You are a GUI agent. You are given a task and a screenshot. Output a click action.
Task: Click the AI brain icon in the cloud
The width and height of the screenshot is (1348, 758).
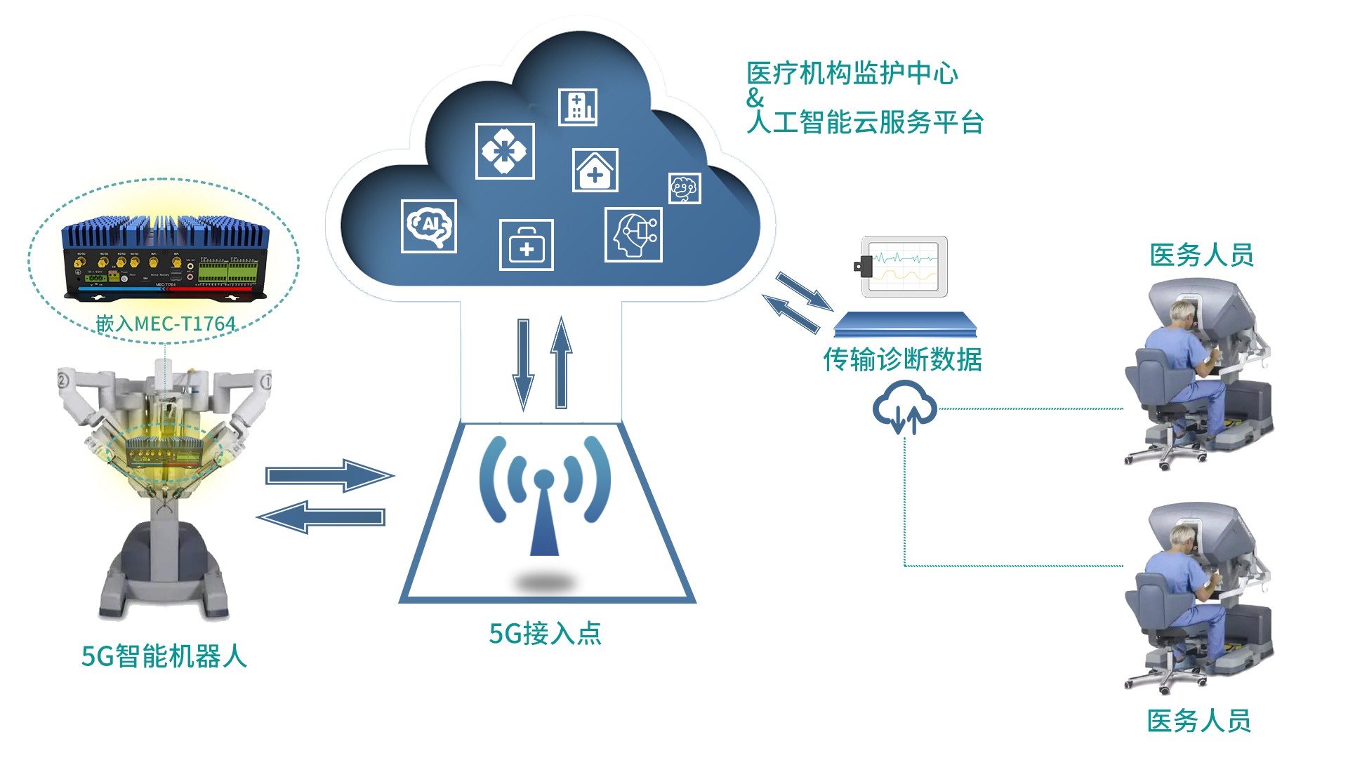428,226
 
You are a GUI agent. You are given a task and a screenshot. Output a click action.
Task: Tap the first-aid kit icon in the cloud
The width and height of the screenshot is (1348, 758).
526,245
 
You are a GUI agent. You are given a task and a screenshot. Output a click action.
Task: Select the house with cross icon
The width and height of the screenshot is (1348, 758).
595,171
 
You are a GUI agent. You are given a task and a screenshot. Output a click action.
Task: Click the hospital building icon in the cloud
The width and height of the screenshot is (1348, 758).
578,107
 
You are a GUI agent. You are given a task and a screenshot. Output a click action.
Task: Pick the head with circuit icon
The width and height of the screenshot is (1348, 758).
633,234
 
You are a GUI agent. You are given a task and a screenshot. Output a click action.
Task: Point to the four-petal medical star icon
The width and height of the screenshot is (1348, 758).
504,151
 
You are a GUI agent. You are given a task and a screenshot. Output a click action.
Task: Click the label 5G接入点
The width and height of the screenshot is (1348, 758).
545,634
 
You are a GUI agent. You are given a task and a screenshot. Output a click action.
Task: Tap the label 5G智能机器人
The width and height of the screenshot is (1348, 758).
164,657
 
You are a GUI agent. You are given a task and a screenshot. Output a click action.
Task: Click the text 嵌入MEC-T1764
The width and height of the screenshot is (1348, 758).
166,324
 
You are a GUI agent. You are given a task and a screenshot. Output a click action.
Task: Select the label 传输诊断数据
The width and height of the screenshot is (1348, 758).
902,359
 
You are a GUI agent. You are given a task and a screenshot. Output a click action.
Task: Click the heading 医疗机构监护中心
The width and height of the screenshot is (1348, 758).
852,74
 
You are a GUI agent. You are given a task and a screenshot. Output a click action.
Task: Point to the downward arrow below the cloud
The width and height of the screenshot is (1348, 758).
523,364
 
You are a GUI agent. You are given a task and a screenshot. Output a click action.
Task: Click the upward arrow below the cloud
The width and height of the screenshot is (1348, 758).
561,364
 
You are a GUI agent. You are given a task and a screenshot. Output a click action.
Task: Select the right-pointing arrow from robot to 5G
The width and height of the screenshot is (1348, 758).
329,476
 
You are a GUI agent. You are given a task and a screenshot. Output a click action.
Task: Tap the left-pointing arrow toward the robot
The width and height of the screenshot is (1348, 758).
322,517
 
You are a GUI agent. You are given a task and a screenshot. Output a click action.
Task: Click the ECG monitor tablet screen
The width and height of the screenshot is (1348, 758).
904,266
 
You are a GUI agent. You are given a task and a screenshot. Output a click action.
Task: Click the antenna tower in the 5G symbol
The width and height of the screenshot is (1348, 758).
544,516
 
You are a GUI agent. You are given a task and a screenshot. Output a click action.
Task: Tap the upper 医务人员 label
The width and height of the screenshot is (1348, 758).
1201,255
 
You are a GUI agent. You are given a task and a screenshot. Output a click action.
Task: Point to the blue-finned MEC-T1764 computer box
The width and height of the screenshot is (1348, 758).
166,256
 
